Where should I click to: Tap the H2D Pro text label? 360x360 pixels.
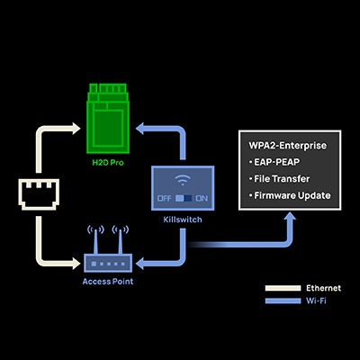[x=108, y=163]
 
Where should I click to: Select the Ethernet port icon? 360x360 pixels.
[x=37, y=196]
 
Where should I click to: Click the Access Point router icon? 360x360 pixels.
[x=108, y=262]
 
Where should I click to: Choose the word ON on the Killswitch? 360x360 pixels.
[x=202, y=198]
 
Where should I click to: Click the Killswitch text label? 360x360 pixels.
[x=183, y=219]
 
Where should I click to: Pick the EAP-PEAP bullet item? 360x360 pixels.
[x=278, y=162]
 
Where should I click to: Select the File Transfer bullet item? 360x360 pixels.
[x=283, y=178]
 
